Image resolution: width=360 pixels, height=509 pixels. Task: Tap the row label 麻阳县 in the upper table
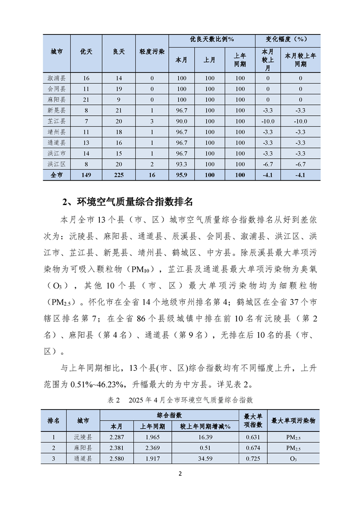(57, 99)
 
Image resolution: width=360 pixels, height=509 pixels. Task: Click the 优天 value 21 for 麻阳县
(86, 99)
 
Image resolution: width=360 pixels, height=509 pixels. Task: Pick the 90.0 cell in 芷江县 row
(182, 121)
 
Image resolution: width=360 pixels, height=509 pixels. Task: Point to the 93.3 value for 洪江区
(182, 164)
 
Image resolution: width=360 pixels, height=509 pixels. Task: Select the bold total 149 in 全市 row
(86, 175)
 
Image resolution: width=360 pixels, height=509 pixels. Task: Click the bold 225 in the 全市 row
(119, 175)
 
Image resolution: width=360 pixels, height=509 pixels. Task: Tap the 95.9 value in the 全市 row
(182, 175)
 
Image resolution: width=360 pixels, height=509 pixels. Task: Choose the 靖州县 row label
(57, 132)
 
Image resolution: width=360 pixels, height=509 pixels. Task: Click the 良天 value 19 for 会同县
(119, 89)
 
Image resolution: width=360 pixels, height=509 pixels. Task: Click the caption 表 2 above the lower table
(113, 400)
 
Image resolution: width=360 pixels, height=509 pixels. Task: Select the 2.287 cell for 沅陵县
(117, 437)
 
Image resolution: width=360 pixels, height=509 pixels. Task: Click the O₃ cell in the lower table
(293, 459)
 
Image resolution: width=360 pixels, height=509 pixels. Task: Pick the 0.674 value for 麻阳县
(253, 448)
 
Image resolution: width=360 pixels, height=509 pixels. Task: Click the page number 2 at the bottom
(180, 475)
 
